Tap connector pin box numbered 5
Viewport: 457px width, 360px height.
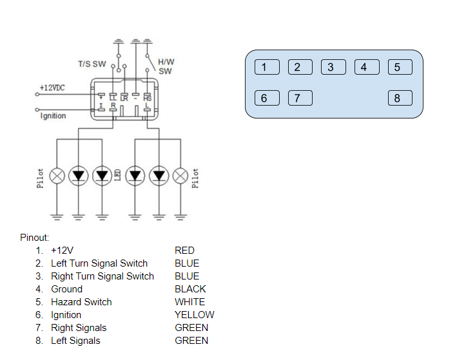pyautogui.click(x=400, y=67)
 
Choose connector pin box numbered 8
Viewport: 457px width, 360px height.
pyautogui.click(x=400, y=98)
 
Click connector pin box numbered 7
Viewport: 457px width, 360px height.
pyautogui.click(x=300, y=98)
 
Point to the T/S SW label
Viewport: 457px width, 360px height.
pyautogui.click(x=92, y=64)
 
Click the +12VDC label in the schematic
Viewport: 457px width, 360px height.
pyautogui.click(x=52, y=88)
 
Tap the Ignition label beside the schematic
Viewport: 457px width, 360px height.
pyautogui.click(x=53, y=116)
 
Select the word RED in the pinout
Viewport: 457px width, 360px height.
pyautogui.click(x=184, y=251)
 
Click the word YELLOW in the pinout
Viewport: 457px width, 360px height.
pyautogui.click(x=194, y=315)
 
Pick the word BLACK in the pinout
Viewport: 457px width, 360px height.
pyautogui.click(x=190, y=289)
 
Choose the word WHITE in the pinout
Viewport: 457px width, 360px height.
pyautogui.click(x=190, y=302)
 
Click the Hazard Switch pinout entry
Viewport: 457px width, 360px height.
pyautogui.click(x=81, y=302)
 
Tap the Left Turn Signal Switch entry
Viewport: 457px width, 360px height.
pyautogui.click(x=99, y=263)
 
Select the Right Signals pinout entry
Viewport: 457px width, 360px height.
pyautogui.click(x=79, y=328)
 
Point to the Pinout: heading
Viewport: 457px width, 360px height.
pyautogui.click(x=35, y=238)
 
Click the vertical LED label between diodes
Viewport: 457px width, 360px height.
pyautogui.click(x=118, y=175)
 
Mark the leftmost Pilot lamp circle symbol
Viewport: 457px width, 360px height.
pyautogui.click(x=57, y=175)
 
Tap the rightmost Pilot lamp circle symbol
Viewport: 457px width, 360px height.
pyautogui.click(x=180, y=175)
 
